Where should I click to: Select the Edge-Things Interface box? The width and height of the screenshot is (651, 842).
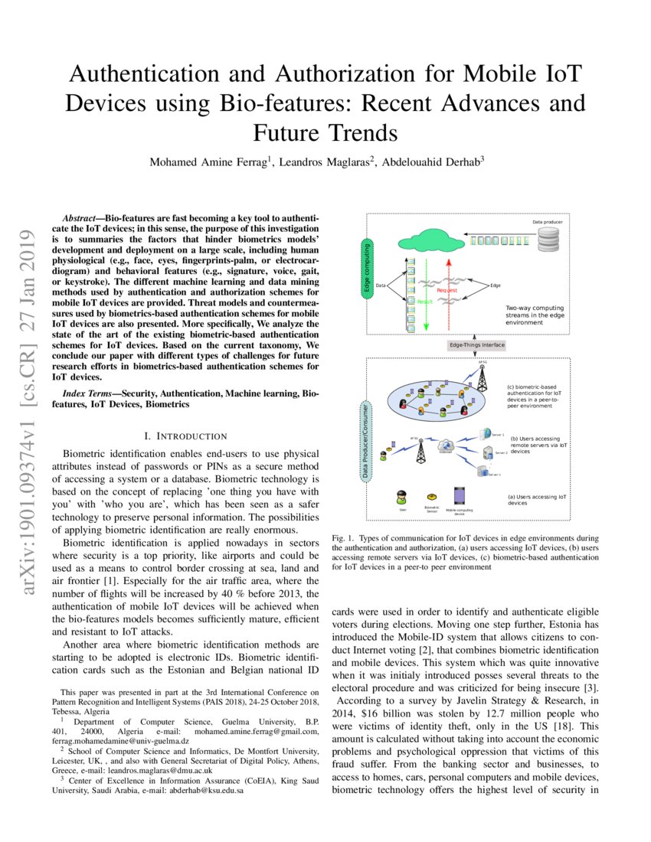click(476, 345)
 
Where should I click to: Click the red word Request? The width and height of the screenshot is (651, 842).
click(447, 291)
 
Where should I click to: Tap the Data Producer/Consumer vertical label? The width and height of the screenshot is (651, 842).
click(368, 439)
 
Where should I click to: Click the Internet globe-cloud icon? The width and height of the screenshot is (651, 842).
click(446, 444)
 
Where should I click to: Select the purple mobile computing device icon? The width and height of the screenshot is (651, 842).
click(460, 495)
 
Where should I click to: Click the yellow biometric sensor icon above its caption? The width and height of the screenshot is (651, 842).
click(432, 497)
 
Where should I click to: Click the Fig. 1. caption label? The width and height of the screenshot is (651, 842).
click(343, 539)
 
